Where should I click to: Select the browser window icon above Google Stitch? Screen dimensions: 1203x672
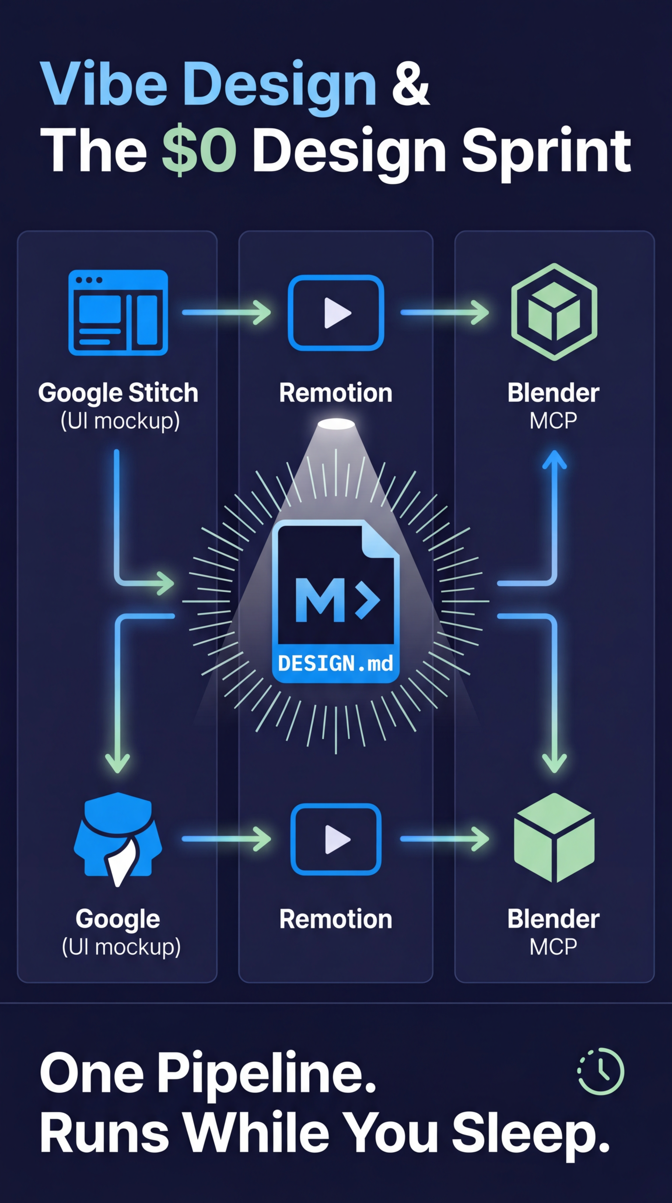118,313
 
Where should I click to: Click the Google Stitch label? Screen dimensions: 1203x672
118,393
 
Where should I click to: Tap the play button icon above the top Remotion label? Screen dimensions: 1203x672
336,313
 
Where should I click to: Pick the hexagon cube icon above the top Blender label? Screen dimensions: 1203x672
554,312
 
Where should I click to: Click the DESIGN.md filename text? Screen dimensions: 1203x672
336,664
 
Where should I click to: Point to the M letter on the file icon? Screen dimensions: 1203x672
320,600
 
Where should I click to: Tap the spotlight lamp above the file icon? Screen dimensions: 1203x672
336,424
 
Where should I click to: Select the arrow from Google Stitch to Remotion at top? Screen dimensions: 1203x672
226,312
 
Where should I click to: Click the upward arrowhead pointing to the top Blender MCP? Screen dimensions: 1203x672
554,459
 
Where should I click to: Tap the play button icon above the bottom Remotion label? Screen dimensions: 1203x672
336,839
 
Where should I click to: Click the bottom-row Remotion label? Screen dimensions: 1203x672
336,919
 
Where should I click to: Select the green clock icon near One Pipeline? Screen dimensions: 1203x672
601,1071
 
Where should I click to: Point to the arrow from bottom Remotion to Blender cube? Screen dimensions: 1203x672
444,839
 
